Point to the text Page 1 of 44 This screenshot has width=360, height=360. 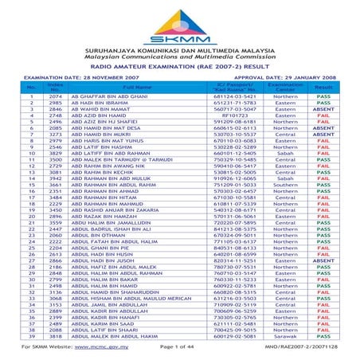[180, 348]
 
